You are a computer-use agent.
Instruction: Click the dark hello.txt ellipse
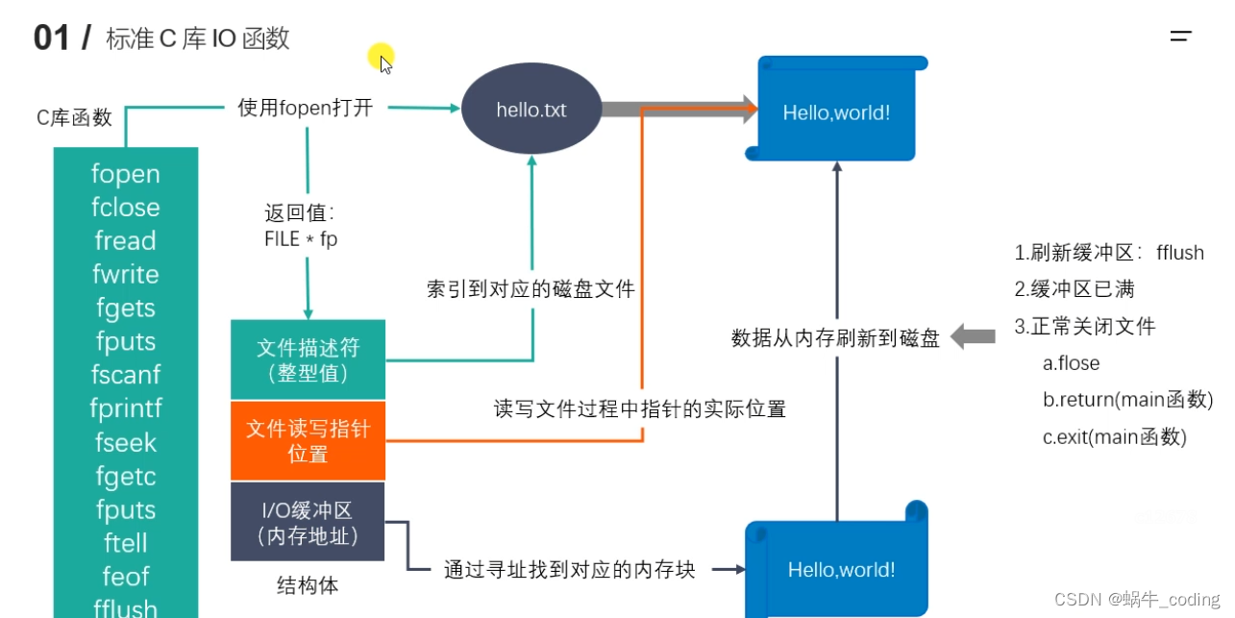click(x=531, y=110)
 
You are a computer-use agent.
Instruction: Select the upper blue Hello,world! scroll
click(x=836, y=111)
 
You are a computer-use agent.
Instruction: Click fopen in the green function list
click(x=126, y=174)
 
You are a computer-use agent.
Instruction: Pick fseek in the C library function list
click(x=126, y=443)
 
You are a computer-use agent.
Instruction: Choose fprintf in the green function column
click(x=126, y=409)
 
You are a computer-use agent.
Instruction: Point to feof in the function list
click(x=126, y=577)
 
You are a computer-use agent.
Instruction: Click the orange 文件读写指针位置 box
click(x=308, y=441)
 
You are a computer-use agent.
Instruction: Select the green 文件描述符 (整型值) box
click(x=308, y=359)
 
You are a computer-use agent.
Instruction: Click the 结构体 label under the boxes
click(x=308, y=585)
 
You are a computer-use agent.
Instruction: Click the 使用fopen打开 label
click(x=305, y=108)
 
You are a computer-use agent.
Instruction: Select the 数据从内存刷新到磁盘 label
click(x=835, y=337)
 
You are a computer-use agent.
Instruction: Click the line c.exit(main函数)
click(x=1114, y=437)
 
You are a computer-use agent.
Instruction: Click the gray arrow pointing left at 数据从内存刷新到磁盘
click(x=973, y=336)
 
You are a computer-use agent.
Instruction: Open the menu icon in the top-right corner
click(x=1181, y=37)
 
